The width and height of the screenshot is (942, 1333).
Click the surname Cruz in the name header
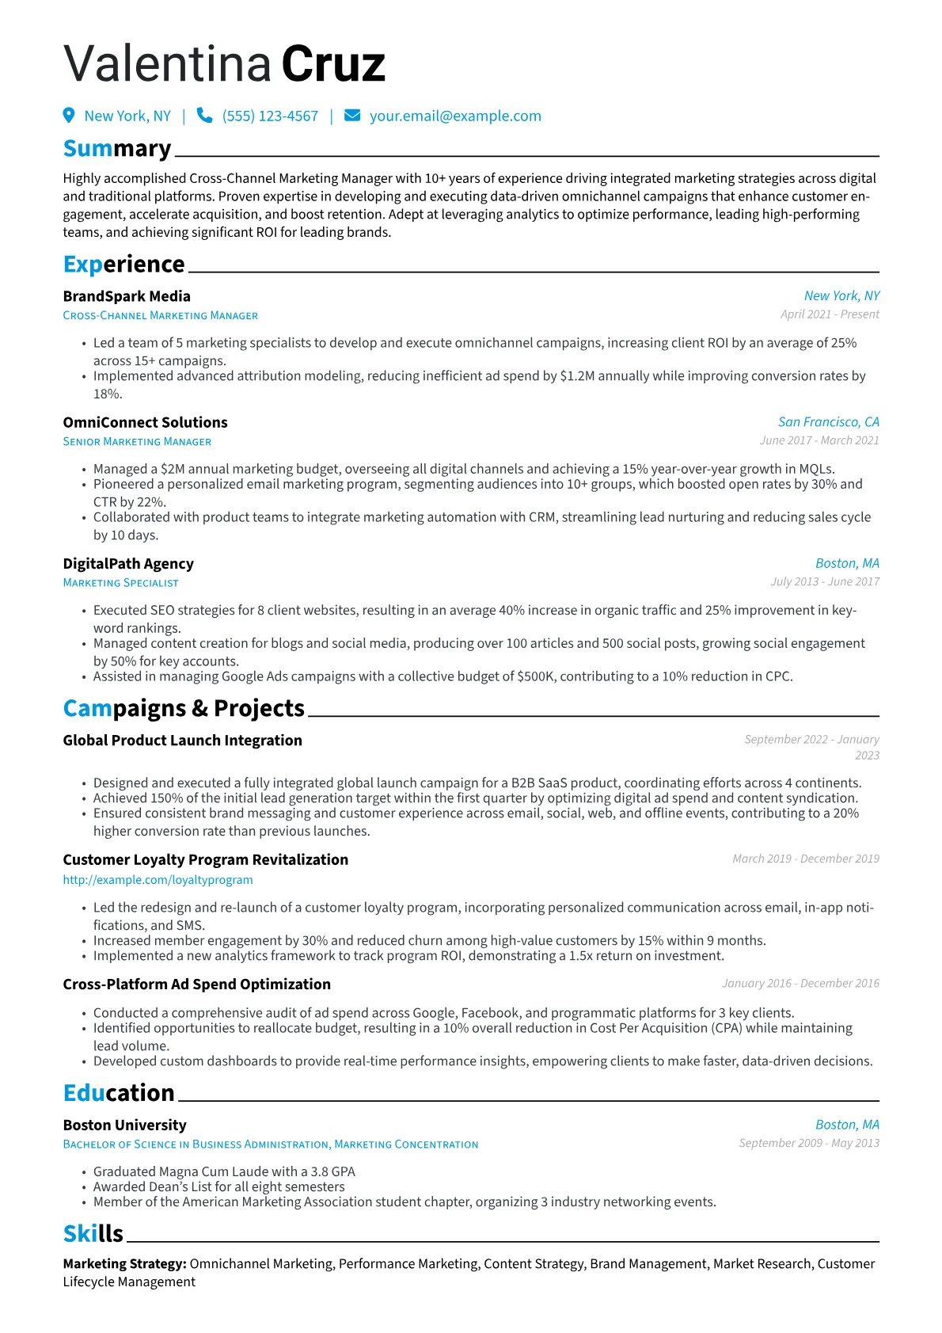point(332,64)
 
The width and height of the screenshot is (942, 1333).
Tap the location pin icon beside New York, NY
point(69,116)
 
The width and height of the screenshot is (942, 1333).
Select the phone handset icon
point(204,116)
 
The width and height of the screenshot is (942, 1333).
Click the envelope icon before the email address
point(352,116)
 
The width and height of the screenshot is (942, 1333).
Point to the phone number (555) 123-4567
point(270,116)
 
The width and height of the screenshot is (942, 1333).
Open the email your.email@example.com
point(455,116)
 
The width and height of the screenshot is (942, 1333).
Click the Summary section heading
point(117,149)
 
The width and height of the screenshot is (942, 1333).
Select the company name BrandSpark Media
point(127,296)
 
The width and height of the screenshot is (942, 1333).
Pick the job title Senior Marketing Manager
point(137,442)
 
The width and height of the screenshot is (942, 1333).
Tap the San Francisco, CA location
point(828,422)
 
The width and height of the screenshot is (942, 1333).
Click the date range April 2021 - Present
point(829,314)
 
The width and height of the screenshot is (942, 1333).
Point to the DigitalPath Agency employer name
point(128,564)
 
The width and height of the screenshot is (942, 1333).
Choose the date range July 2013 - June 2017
point(825,582)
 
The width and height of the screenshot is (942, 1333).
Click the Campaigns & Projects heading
point(184,708)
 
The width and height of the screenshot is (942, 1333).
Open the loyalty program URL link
point(158,880)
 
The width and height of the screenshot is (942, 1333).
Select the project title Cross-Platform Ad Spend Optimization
point(196,985)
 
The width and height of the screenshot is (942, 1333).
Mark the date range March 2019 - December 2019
point(805,859)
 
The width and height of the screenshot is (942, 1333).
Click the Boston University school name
point(124,1125)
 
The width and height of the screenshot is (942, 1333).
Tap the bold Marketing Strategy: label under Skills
point(124,1264)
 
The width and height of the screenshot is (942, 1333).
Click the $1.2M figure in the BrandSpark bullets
point(577,376)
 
